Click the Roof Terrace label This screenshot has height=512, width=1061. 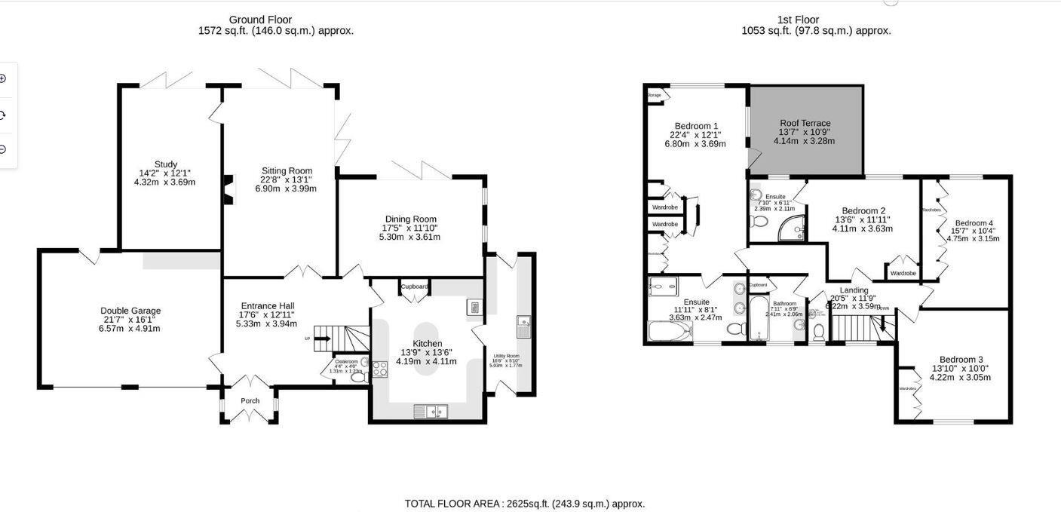[x=805, y=123]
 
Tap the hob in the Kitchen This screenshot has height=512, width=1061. [x=379, y=369]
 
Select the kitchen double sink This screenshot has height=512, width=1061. [x=431, y=411]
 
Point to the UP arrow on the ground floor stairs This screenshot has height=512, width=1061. [x=322, y=339]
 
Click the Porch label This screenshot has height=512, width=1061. [x=250, y=400]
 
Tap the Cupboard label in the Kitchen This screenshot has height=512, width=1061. [x=414, y=287]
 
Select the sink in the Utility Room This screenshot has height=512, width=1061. [x=524, y=327]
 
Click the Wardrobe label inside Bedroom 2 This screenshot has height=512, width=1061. [x=903, y=273]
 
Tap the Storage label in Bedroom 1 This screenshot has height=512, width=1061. [x=654, y=96]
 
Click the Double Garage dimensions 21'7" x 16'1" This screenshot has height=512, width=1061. [x=130, y=320]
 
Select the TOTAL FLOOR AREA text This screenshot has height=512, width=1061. [x=525, y=504]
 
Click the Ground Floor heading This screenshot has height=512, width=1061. [x=260, y=20]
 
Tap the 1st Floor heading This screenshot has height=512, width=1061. [x=798, y=20]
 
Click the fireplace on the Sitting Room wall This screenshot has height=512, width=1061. [x=227, y=189]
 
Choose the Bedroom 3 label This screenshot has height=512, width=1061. [x=961, y=360]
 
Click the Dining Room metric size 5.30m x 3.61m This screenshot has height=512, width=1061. [x=409, y=237]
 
